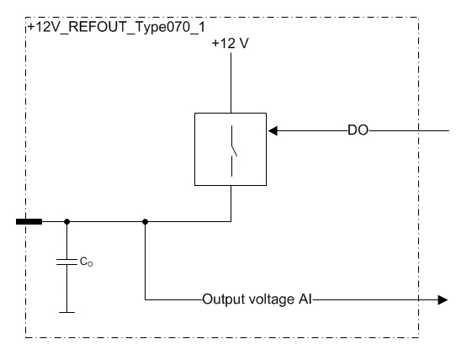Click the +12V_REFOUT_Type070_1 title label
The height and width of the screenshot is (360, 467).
pos(116,28)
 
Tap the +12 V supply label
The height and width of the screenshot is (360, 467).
pos(231,44)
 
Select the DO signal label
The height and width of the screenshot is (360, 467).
pos(358,130)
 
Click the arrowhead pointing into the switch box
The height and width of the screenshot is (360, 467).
pos(273,130)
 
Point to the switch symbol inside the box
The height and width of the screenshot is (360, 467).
pos(232,151)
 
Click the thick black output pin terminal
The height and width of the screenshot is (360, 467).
pos(29,221)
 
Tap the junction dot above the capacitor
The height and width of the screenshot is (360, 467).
pos(67,221)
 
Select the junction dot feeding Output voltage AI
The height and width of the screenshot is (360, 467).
pos(145,221)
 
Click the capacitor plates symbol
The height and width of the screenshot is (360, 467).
pos(66,262)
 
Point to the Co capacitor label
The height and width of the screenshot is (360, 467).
pos(86,262)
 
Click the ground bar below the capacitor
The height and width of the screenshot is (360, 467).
pos(66,312)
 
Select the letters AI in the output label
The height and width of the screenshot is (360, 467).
pos(305,299)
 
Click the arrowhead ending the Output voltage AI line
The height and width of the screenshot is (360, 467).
pos(443,299)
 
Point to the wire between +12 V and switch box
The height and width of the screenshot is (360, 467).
pos(231,82)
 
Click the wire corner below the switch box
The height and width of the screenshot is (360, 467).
pos(231,221)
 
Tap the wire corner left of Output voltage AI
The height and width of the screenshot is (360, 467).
pos(146,299)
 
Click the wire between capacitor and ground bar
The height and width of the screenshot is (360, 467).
pos(66,289)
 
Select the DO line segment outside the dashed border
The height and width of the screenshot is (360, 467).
pos(434,130)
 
